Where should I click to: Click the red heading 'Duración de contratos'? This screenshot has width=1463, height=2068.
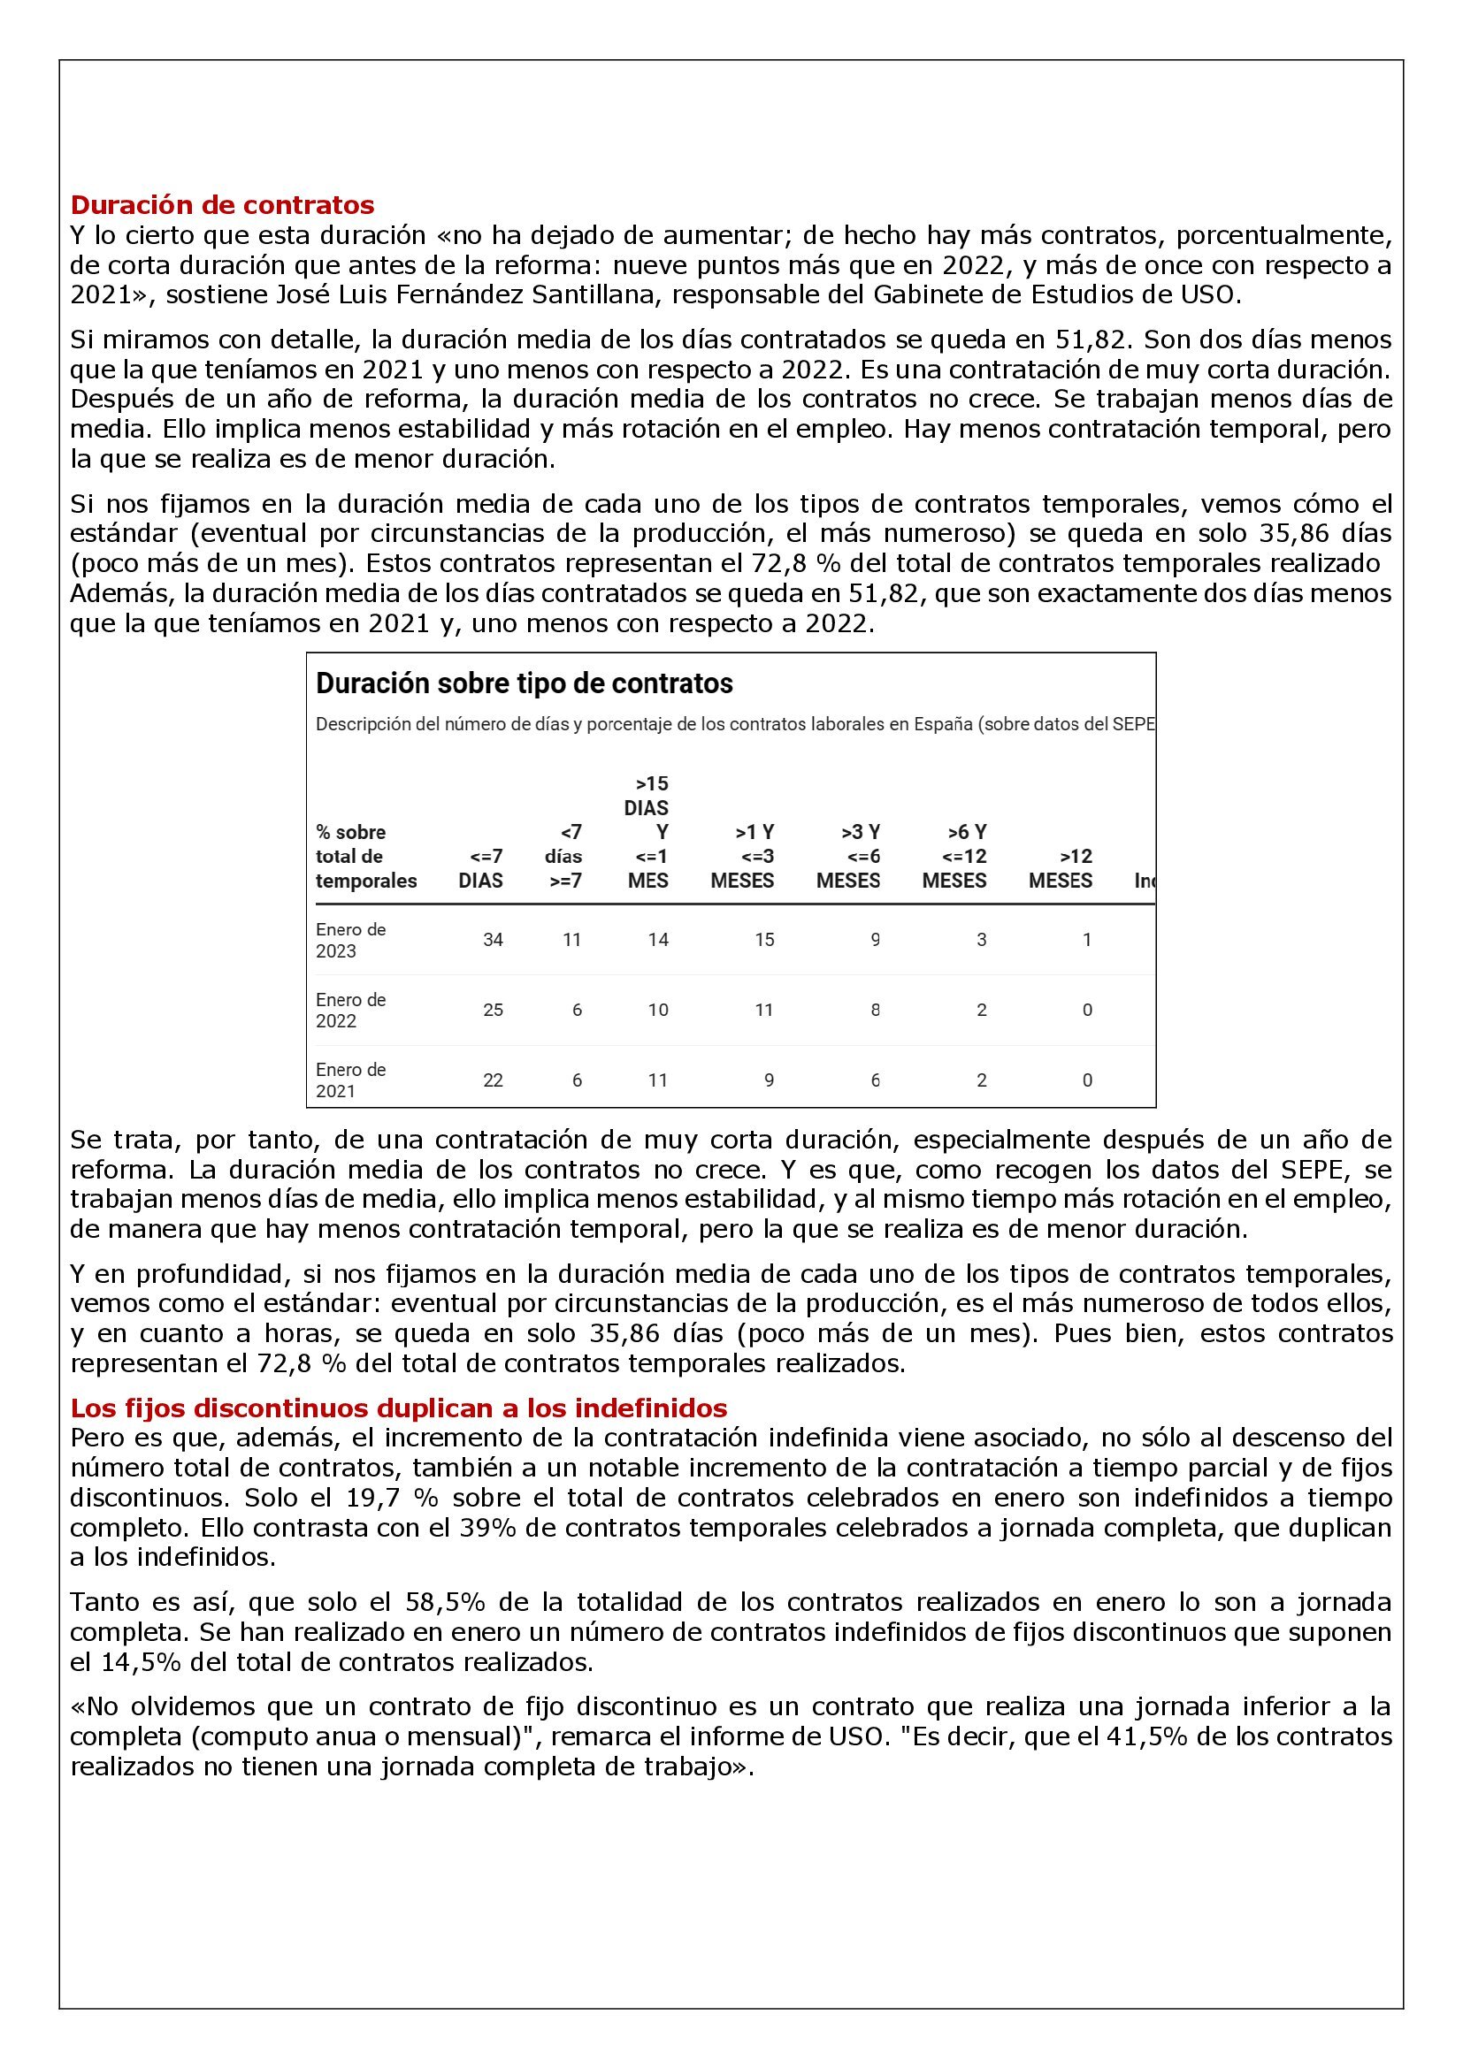pyautogui.click(x=222, y=205)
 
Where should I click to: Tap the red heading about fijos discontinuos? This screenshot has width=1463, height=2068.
pyautogui.click(x=398, y=1407)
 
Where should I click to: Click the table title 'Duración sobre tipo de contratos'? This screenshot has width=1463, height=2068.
pyautogui.click(x=524, y=683)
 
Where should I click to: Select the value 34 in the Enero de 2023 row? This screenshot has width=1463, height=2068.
pyautogui.click(x=493, y=941)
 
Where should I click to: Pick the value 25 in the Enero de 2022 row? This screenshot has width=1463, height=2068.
pyautogui.click(x=493, y=1011)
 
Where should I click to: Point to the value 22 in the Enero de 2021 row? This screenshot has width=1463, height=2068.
pyautogui.click(x=493, y=1080)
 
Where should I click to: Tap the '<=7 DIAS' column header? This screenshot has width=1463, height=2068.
pyautogui.click(x=481, y=868)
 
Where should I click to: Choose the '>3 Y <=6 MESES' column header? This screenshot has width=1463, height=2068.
pyautogui.click(x=848, y=857)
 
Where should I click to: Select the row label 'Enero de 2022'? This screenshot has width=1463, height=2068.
pyautogui.click(x=350, y=1011)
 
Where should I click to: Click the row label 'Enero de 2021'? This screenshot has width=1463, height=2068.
pyautogui.click(x=350, y=1080)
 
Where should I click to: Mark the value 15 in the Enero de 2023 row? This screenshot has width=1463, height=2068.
pyautogui.click(x=764, y=941)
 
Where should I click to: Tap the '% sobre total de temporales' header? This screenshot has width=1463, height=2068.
pyautogui.click(x=366, y=857)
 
